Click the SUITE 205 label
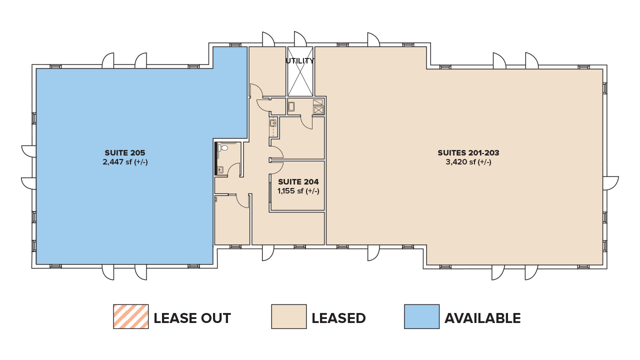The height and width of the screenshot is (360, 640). (124, 153)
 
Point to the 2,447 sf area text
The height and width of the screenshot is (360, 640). (125, 162)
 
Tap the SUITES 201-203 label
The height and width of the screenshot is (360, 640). (468, 153)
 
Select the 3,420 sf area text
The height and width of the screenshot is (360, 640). (468, 162)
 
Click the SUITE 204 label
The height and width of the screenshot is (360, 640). (298, 182)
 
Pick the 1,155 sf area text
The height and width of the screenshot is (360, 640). (298, 191)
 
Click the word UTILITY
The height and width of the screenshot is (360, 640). (300, 61)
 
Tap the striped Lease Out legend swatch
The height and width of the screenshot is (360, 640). (131, 316)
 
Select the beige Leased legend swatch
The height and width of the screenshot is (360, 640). (289, 316)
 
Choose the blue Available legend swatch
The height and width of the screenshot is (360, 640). (421, 316)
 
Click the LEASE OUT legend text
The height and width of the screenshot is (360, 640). (192, 318)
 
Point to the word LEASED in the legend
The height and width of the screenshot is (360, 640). (338, 318)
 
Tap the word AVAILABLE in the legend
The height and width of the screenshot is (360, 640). (482, 318)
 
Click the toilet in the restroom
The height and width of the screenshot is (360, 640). (223, 147)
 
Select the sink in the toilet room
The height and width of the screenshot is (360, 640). (220, 169)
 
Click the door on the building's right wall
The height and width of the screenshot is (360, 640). (610, 183)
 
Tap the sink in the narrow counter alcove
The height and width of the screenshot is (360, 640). (273, 123)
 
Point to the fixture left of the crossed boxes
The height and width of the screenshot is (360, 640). (291, 106)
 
